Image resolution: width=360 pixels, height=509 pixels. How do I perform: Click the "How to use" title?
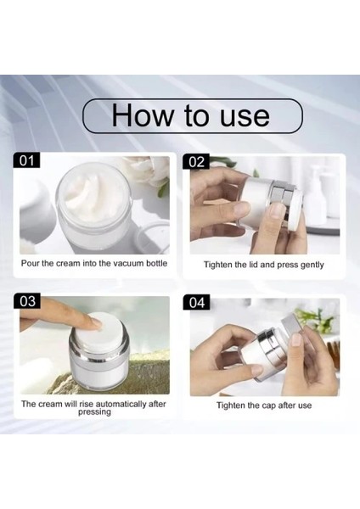pyautogui.click(x=191, y=115)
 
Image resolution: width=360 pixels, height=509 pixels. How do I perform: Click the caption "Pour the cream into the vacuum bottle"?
pyautogui.click(x=94, y=264)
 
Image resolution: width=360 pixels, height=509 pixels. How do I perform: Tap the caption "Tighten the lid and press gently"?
pyautogui.click(x=263, y=265)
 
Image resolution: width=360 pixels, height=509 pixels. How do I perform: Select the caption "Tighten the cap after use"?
pyautogui.click(x=264, y=406)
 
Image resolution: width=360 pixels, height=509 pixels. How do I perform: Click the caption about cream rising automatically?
pyautogui.click(x=94, y=408)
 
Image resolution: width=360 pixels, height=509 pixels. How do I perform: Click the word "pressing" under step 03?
pyautogui.click(x=94, y=412)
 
